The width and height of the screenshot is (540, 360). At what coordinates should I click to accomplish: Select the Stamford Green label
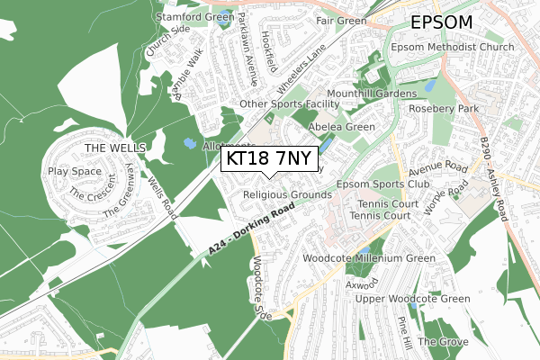194,17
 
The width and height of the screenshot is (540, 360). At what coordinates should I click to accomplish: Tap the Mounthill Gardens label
372,93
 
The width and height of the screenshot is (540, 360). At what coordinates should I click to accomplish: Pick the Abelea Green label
341,127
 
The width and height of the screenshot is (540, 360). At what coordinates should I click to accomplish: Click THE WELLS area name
108,148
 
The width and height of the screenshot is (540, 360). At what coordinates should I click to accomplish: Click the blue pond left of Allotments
189,142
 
